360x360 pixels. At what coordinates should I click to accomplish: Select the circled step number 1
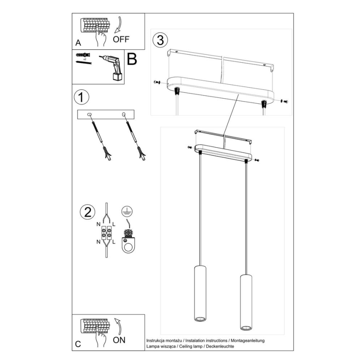click(81, 98)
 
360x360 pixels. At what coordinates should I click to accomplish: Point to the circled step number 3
click(161, 40)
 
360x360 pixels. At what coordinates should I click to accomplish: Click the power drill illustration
click(113, 66)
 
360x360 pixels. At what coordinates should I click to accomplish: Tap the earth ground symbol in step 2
click(126, 212)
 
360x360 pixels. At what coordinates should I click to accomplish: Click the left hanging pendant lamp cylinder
click(200, 293)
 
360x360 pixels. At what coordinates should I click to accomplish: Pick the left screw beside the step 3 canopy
click(156, 82)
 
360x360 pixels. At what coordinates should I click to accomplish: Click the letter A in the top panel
click(78, 43)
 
